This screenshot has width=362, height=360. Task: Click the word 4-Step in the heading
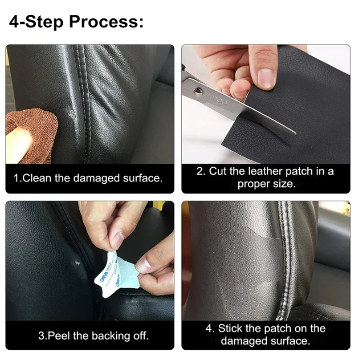point(36,22)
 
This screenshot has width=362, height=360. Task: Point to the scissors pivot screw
point(198,91)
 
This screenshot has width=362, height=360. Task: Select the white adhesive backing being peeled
point(117,273)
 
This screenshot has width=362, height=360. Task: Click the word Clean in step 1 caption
point(38,178)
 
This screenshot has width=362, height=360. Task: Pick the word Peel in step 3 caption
point(59,335)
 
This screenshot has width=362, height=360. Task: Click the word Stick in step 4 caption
point(230,329)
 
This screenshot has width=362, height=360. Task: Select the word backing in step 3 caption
point(111,336)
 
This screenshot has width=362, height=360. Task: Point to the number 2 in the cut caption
point(200,172)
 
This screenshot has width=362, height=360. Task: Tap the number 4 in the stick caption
point(209,329)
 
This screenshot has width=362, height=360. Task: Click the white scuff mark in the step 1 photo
point(71,115)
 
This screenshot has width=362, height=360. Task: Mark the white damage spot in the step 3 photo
point(77,262)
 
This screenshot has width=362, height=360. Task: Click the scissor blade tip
point(295,132)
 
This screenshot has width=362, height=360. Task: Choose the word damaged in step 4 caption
point(244,341)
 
